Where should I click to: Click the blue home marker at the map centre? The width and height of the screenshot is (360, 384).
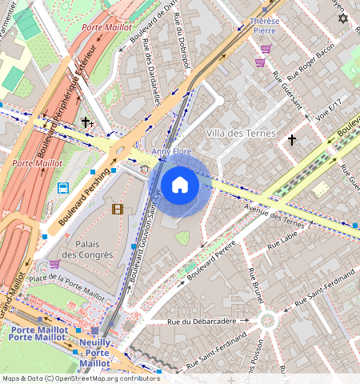coord(180,185)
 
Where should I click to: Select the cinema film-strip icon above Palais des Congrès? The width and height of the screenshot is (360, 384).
coord(118,210)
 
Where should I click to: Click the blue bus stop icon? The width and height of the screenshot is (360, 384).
coord(62,188)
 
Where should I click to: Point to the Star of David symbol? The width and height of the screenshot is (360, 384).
coord(343,18)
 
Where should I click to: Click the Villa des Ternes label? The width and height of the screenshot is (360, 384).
coord(240,133)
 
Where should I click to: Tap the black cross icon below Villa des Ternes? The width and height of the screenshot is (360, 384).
coord(292,140)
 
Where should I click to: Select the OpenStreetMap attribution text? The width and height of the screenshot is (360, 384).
coord(80,378)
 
